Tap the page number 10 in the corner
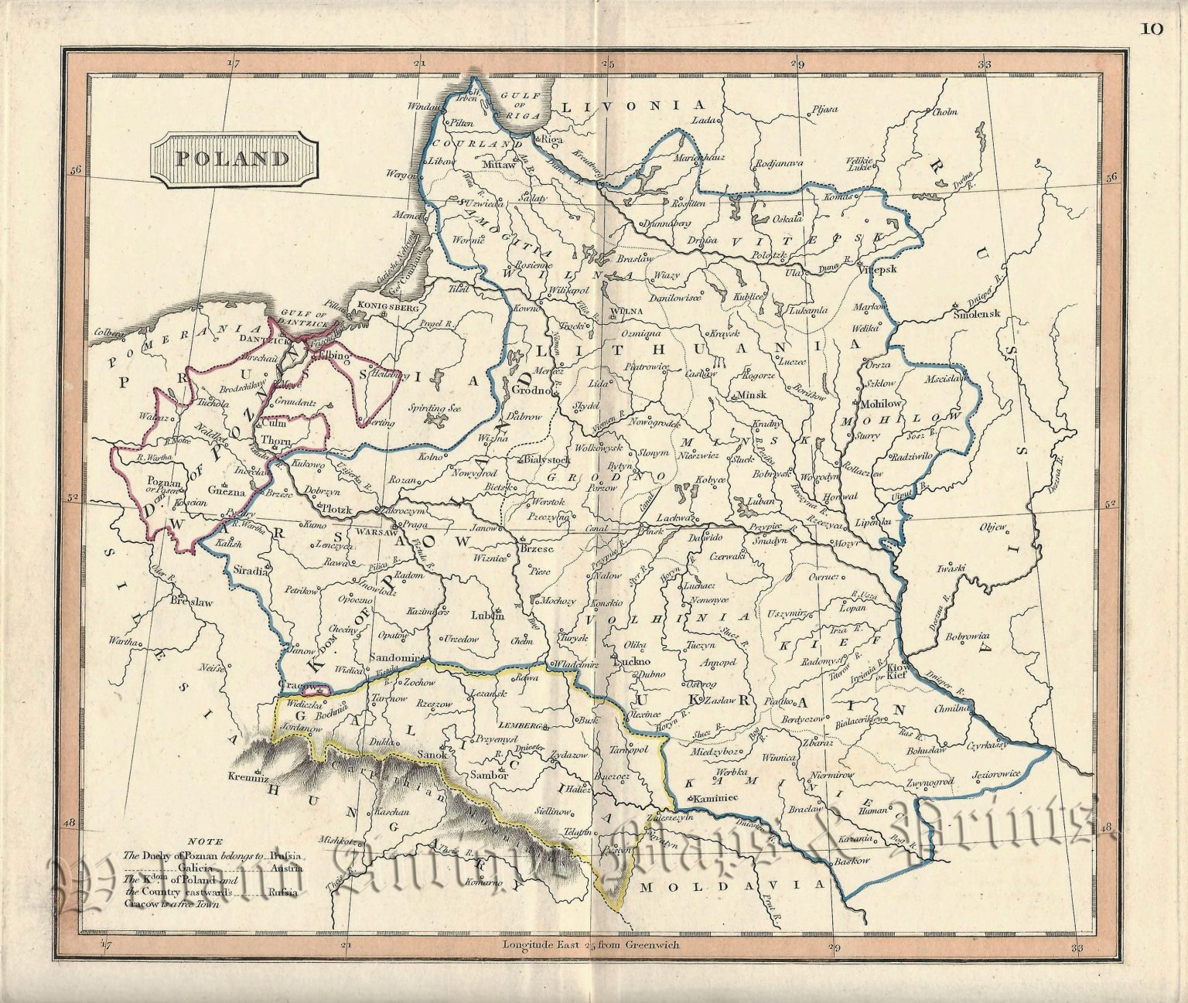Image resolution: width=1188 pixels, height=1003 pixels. pyautogui.click(x=1151, y=29)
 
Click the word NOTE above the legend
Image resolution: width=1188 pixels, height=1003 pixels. pyautogui.click(x=210, y=842)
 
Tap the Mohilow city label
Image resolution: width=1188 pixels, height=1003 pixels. pyautogui.click(x=877, y=404)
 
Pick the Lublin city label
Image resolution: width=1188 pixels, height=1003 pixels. pyautogui.click(x=487, y=616)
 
